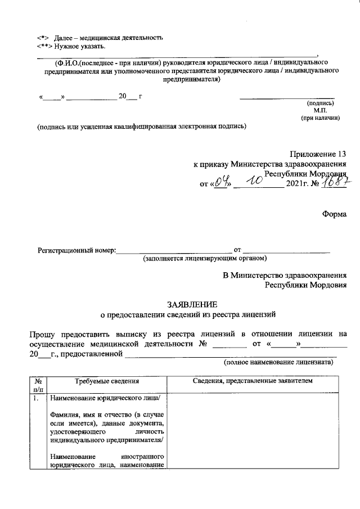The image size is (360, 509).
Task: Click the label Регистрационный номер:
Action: point(76,249)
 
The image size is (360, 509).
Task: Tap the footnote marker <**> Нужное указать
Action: point(70,46)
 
